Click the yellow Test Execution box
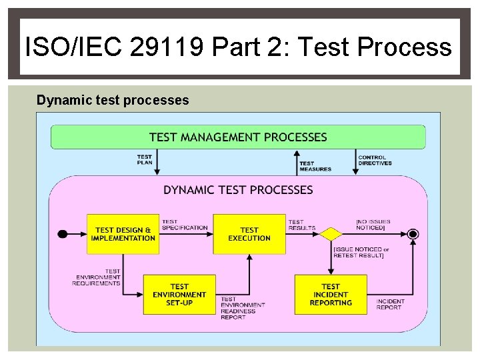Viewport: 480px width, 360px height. point(249,234)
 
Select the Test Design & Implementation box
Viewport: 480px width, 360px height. point(123,234)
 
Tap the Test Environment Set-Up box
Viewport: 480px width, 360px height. point(179,295)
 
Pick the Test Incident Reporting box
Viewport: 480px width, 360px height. point(331,295)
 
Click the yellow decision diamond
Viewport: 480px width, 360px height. point(330,234)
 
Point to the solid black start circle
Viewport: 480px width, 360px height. point(63,234)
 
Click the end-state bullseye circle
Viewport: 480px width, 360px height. point(413,234)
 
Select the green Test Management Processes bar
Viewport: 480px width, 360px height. point(238,137)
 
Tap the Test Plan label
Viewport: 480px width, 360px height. point(145,160)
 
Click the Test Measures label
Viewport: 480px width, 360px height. point(315,166)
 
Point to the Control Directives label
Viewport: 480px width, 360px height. point(375,160)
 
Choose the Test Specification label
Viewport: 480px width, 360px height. point(185,225)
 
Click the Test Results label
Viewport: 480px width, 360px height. point(302,225)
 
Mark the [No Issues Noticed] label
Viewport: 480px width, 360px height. point(373,225)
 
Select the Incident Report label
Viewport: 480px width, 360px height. point(390,304)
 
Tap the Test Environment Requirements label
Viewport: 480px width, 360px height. point(97,277)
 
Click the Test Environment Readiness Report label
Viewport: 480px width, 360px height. point(243,309)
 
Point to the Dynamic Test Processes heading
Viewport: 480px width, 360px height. point(238,190)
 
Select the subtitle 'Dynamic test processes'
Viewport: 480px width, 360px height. point(113,101)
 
